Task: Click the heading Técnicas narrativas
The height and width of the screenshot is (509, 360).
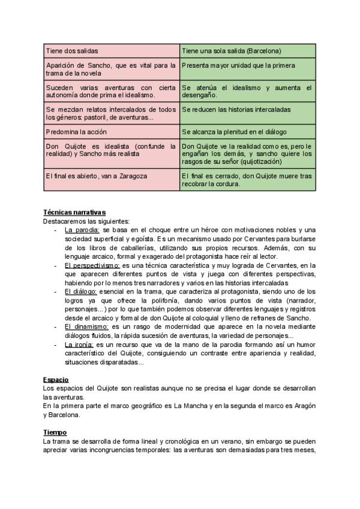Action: [x=74, y=212]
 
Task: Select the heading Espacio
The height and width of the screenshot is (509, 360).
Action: [x=56, y=379]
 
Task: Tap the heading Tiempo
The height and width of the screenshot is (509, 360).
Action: [x=55, y=432]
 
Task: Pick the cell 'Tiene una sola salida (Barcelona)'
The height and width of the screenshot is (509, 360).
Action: [x=232, y=51]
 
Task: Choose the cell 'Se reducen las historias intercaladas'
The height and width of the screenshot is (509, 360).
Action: [x=236, y=110]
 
